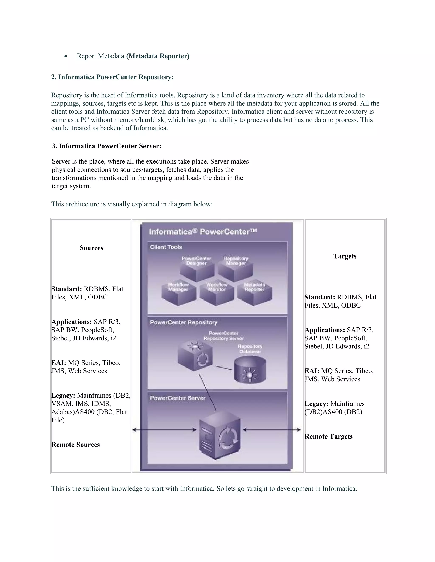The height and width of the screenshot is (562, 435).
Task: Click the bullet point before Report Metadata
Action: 66,56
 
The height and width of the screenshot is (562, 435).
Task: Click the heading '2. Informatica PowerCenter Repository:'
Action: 112,77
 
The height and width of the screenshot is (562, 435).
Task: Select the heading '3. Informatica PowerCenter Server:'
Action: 106,146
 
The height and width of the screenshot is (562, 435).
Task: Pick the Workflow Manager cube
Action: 179,296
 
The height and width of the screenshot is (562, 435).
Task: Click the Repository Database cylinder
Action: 250,370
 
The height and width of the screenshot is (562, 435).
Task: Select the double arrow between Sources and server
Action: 164,430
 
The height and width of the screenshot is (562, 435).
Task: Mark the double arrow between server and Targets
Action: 272,430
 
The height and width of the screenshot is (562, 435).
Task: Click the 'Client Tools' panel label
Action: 166,247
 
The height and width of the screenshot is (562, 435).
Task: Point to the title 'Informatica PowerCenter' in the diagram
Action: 203,232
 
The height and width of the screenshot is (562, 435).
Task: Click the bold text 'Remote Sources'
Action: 75,445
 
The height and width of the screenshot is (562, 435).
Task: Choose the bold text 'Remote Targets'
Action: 329,436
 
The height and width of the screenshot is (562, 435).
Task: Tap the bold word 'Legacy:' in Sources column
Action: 63,396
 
